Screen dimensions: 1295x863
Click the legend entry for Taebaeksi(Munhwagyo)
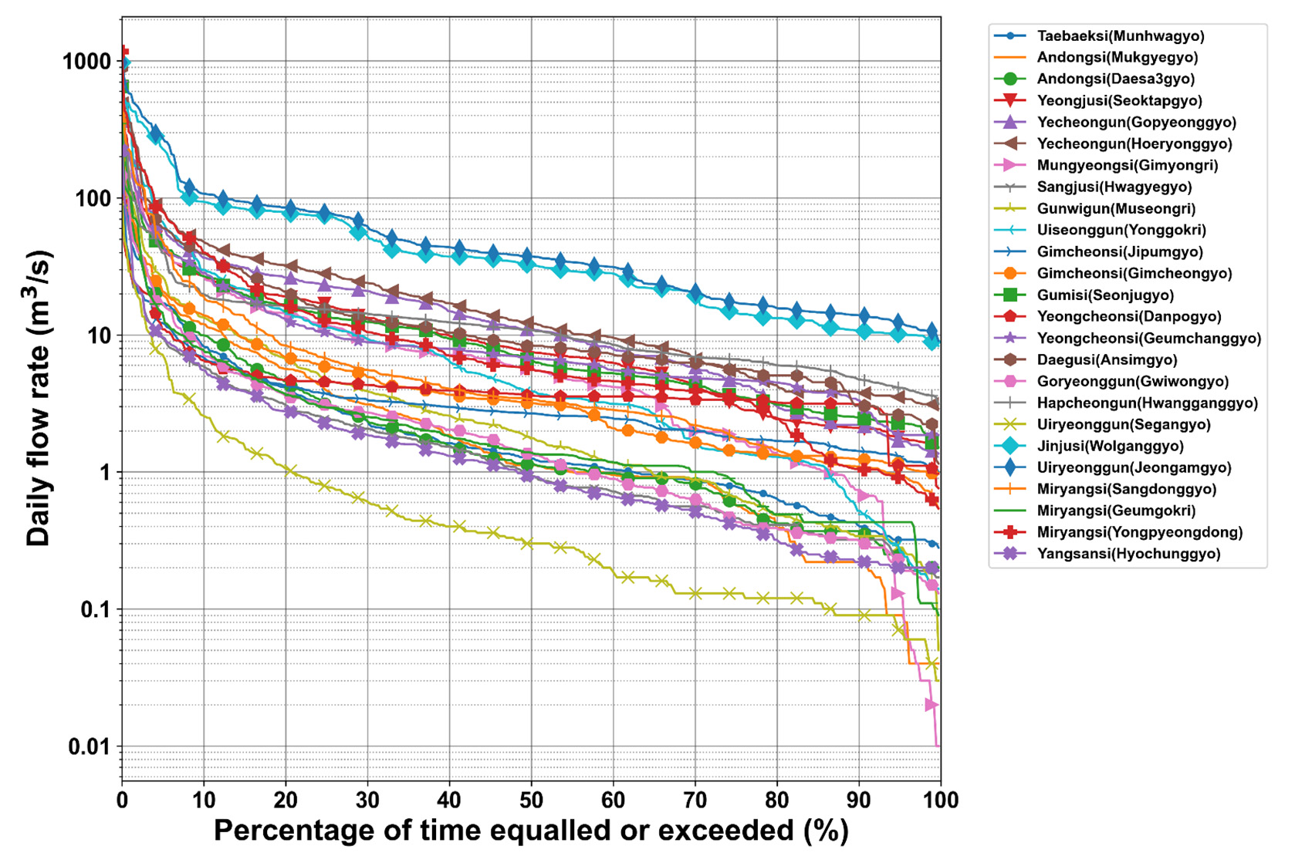[x=1121, y=35]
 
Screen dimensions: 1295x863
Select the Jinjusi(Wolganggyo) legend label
[x=1110, y=446]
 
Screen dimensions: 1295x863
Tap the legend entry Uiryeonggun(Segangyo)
[x=1124, y=425]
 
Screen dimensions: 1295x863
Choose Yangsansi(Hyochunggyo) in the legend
[x=1128, y=554]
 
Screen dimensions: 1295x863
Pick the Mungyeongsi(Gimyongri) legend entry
[x=1128, y=165]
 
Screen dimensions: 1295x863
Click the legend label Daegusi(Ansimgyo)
[x=1107, y=360]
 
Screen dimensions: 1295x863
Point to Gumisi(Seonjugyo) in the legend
[x=1105, y=295]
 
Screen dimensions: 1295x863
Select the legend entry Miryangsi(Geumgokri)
[x=1116, y=511]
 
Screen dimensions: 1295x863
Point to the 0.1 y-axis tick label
[x=96, y=609]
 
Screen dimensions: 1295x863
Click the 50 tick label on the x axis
[x=531, y=800]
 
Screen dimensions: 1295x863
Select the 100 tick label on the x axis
[x=941, y=800]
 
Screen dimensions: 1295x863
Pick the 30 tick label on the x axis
[x=367, y=800]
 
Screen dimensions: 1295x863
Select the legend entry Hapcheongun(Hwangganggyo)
[x=1148, y=403]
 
